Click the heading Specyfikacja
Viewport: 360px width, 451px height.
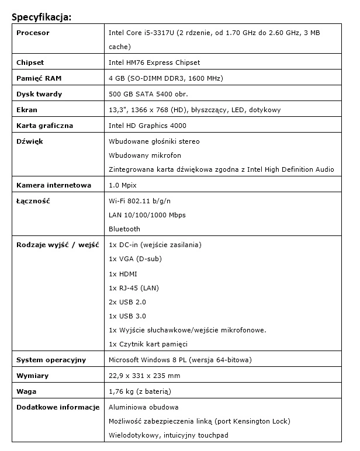pyautogui.click(x=41, y=16)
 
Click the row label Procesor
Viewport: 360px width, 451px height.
pyautogui.click(x=33, y=33)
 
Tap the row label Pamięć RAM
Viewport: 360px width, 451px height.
pyautogui.click(x=38, y=78)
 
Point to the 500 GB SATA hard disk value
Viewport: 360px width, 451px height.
pyautogui.click(x=148, y=94)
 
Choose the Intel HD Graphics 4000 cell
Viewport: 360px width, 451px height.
pyautogui.click(x=148, y=126)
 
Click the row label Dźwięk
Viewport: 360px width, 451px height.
pyautogui.click(x=30, y=141)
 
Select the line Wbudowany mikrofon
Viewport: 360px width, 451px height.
pyautogui.click(x=145, y=155)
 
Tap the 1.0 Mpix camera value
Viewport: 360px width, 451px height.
pyautogui.click(x=122, y=185)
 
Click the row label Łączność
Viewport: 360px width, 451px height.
pyautogui.click(x=33, y=201)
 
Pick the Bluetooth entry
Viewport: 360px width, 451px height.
pyautogui.click(x=124, y=229)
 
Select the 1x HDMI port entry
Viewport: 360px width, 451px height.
pyautogui.click(x=122, y=273)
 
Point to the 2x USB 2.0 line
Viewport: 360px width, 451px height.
pyautogui.click(x=127, y=302)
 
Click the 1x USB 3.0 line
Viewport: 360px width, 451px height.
pyautogui.click(x=127, y=316)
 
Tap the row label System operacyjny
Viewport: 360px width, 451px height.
pyautogui.click(x=51, y=359)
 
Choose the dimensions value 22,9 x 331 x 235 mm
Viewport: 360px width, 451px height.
pyautogui.click(x=144, y=376)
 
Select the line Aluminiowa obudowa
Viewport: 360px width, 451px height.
pyautogui.click(x=144, y=407)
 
